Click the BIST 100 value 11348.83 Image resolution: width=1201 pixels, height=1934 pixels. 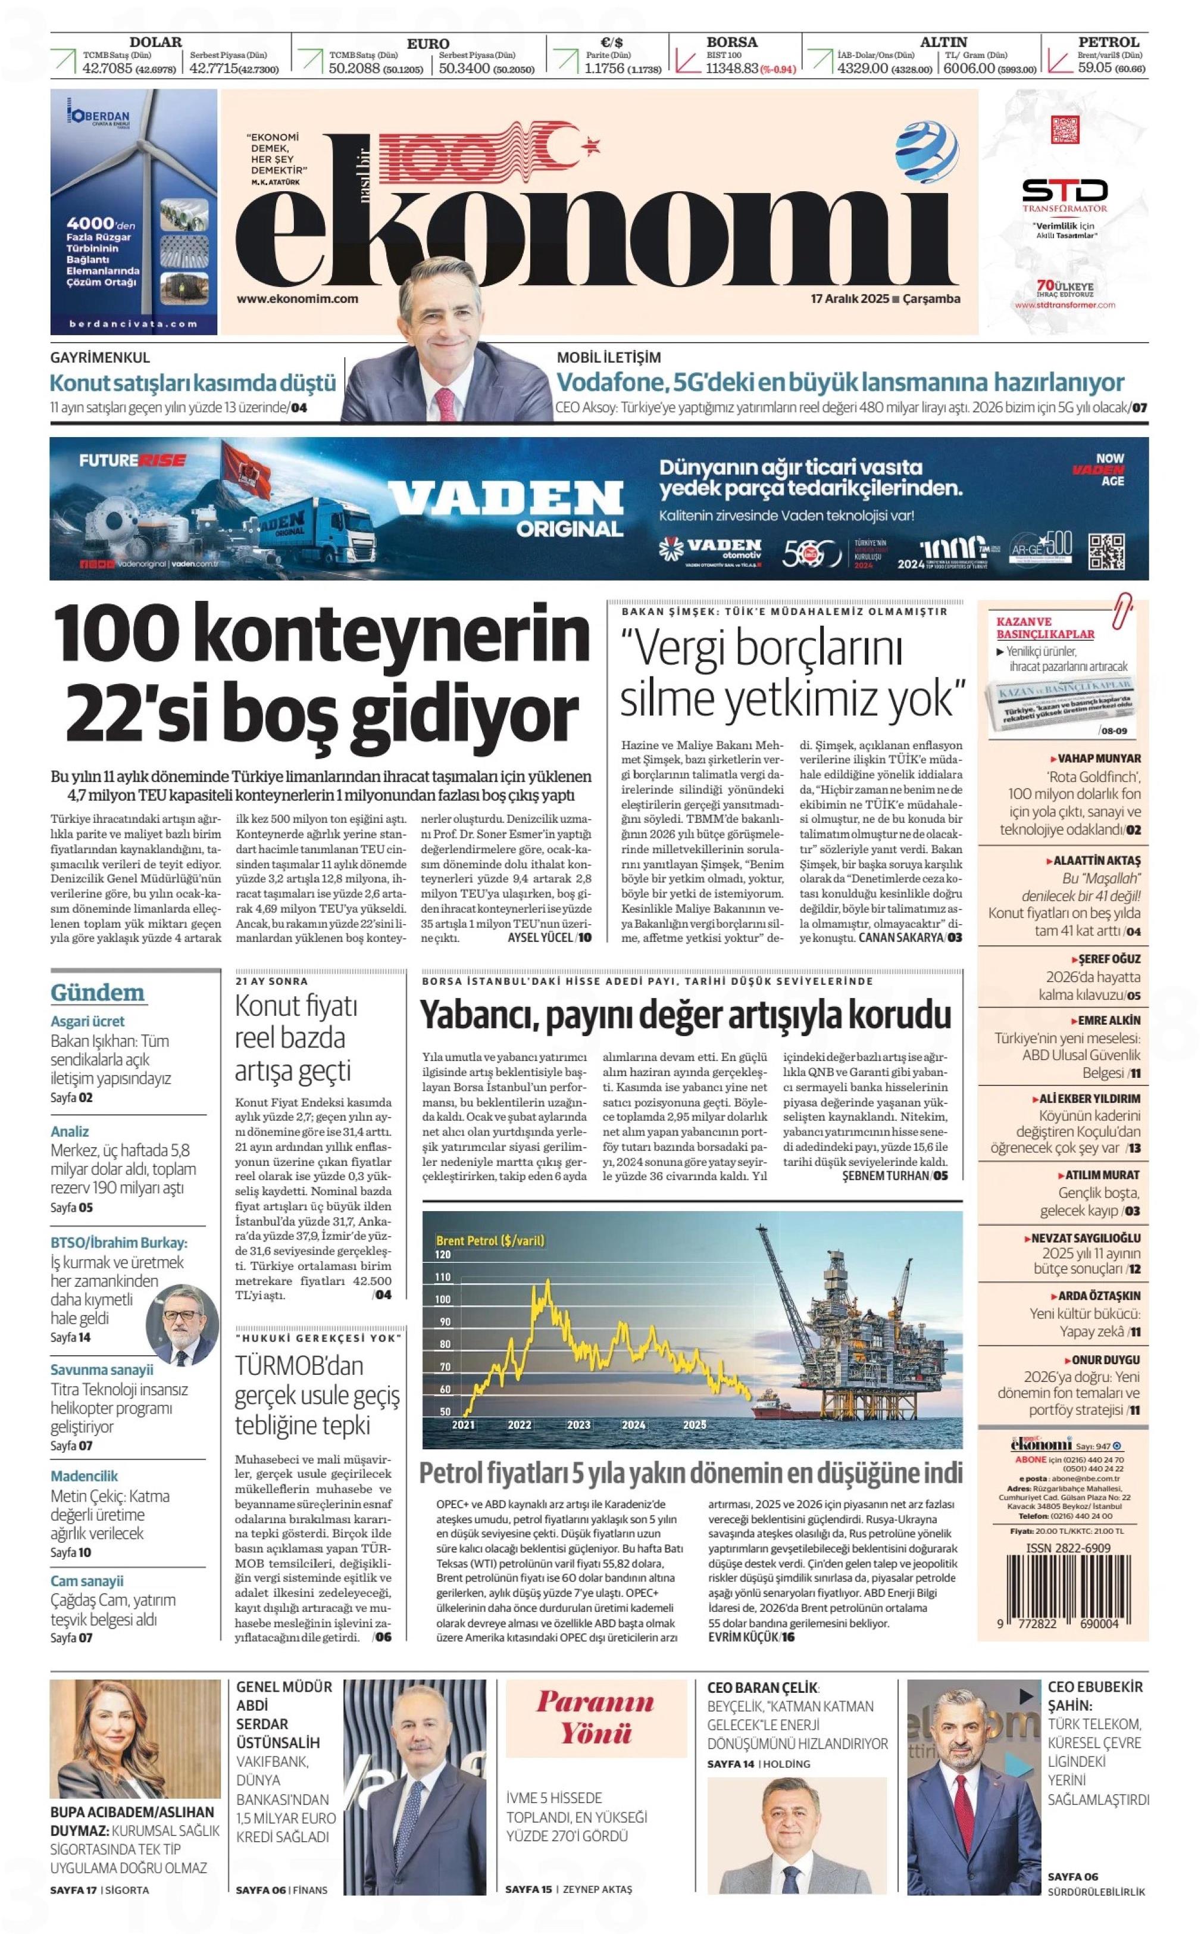pos(731,69)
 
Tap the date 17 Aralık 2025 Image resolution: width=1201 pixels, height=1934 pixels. pos(849,299)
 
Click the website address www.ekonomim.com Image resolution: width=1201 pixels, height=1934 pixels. pos(297,299)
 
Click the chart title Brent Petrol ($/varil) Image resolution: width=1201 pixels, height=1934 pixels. pos(490,1240)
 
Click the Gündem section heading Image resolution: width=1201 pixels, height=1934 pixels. pos(98,993)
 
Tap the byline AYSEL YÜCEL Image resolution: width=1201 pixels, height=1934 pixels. pos(540,938)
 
